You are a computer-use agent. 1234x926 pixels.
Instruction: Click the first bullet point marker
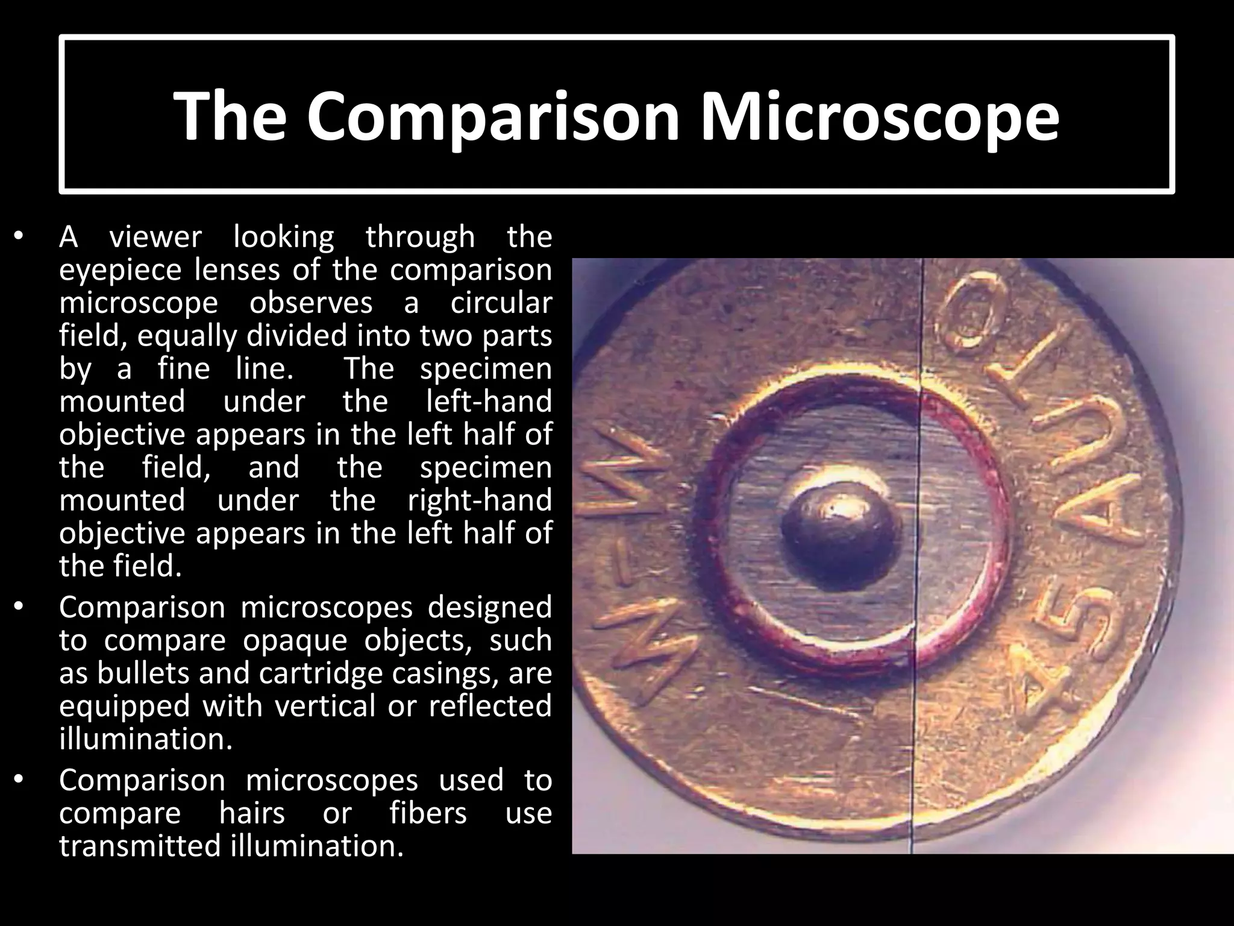[x=19, y=237]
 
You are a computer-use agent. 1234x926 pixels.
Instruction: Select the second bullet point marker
[x=19, y=608]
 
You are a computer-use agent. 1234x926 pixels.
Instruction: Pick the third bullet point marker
[x=19, y=781]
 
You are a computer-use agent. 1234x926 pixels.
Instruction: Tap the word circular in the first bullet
[x=501, y=302]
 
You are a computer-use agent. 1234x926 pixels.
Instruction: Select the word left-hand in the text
[x=489, y=401]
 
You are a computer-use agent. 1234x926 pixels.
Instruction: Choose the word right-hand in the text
[x=480, y=500]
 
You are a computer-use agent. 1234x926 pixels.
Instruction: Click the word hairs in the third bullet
[x=252, y=813]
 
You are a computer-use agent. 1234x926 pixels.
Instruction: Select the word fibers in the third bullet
[x=428, y=813]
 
